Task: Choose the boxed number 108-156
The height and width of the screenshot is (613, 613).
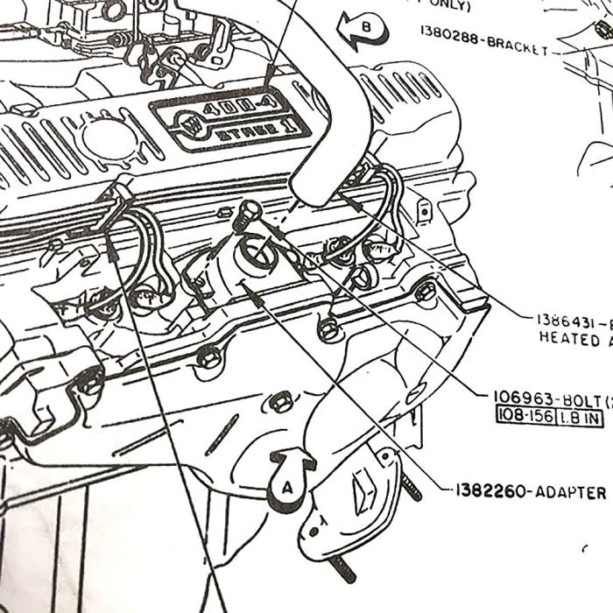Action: click(x=525, y=417)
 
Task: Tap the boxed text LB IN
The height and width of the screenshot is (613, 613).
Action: click(x=581, y=417)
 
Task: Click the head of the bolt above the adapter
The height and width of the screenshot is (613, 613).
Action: click(x=249, y=209)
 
